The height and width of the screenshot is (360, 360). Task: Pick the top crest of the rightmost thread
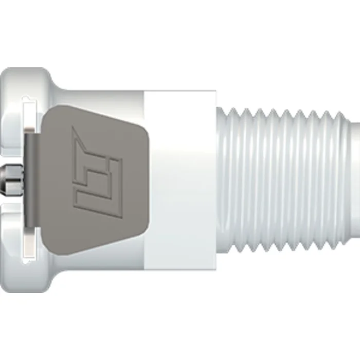coord(343,111)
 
